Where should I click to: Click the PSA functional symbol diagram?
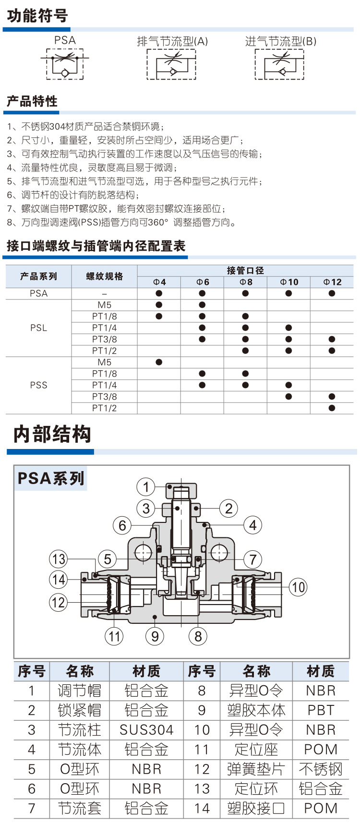pos(65,63)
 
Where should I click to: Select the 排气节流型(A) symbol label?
pos(172,41)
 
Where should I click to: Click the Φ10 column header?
pos(289,282)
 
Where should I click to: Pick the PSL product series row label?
pos(38,328)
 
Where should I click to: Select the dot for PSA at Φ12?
pos(332,293)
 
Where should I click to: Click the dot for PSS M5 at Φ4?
pos(159,362)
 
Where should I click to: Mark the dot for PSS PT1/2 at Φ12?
pos(332,408)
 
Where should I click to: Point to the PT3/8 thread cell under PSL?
pos(104,339)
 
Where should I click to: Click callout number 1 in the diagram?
pos(146,487)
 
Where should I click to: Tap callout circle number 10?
pos(299,587)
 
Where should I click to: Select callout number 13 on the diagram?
pos(59,559)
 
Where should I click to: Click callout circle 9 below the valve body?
pos(155,636)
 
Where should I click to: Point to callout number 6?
pos(122,525)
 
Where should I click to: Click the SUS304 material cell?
pos(146,730)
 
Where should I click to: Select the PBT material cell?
pos(321,710)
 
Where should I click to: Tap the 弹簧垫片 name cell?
pos(256,769)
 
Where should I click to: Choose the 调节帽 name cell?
pos(80,691)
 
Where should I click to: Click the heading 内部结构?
pos(52,434)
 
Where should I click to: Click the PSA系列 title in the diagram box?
pos(51,478)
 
